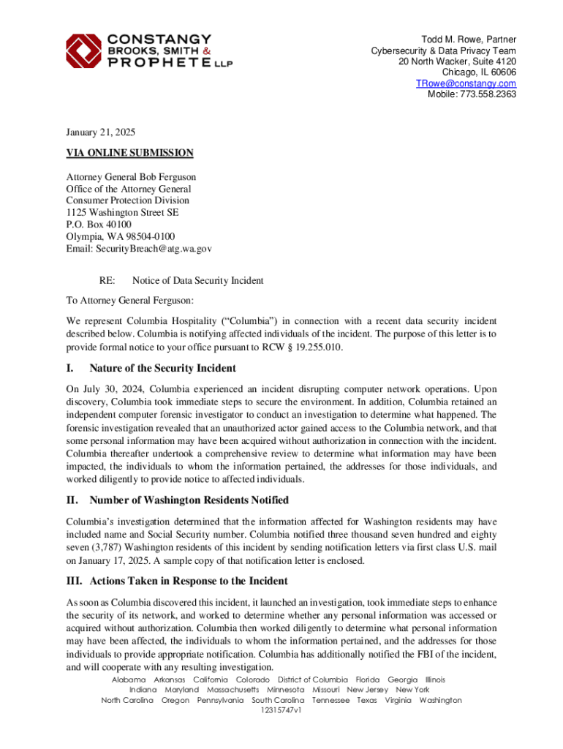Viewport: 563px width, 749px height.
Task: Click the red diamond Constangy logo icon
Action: coord(82,51)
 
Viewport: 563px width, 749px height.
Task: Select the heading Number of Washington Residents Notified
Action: coord(189,500)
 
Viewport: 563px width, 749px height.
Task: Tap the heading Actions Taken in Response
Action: coord(188,581)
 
